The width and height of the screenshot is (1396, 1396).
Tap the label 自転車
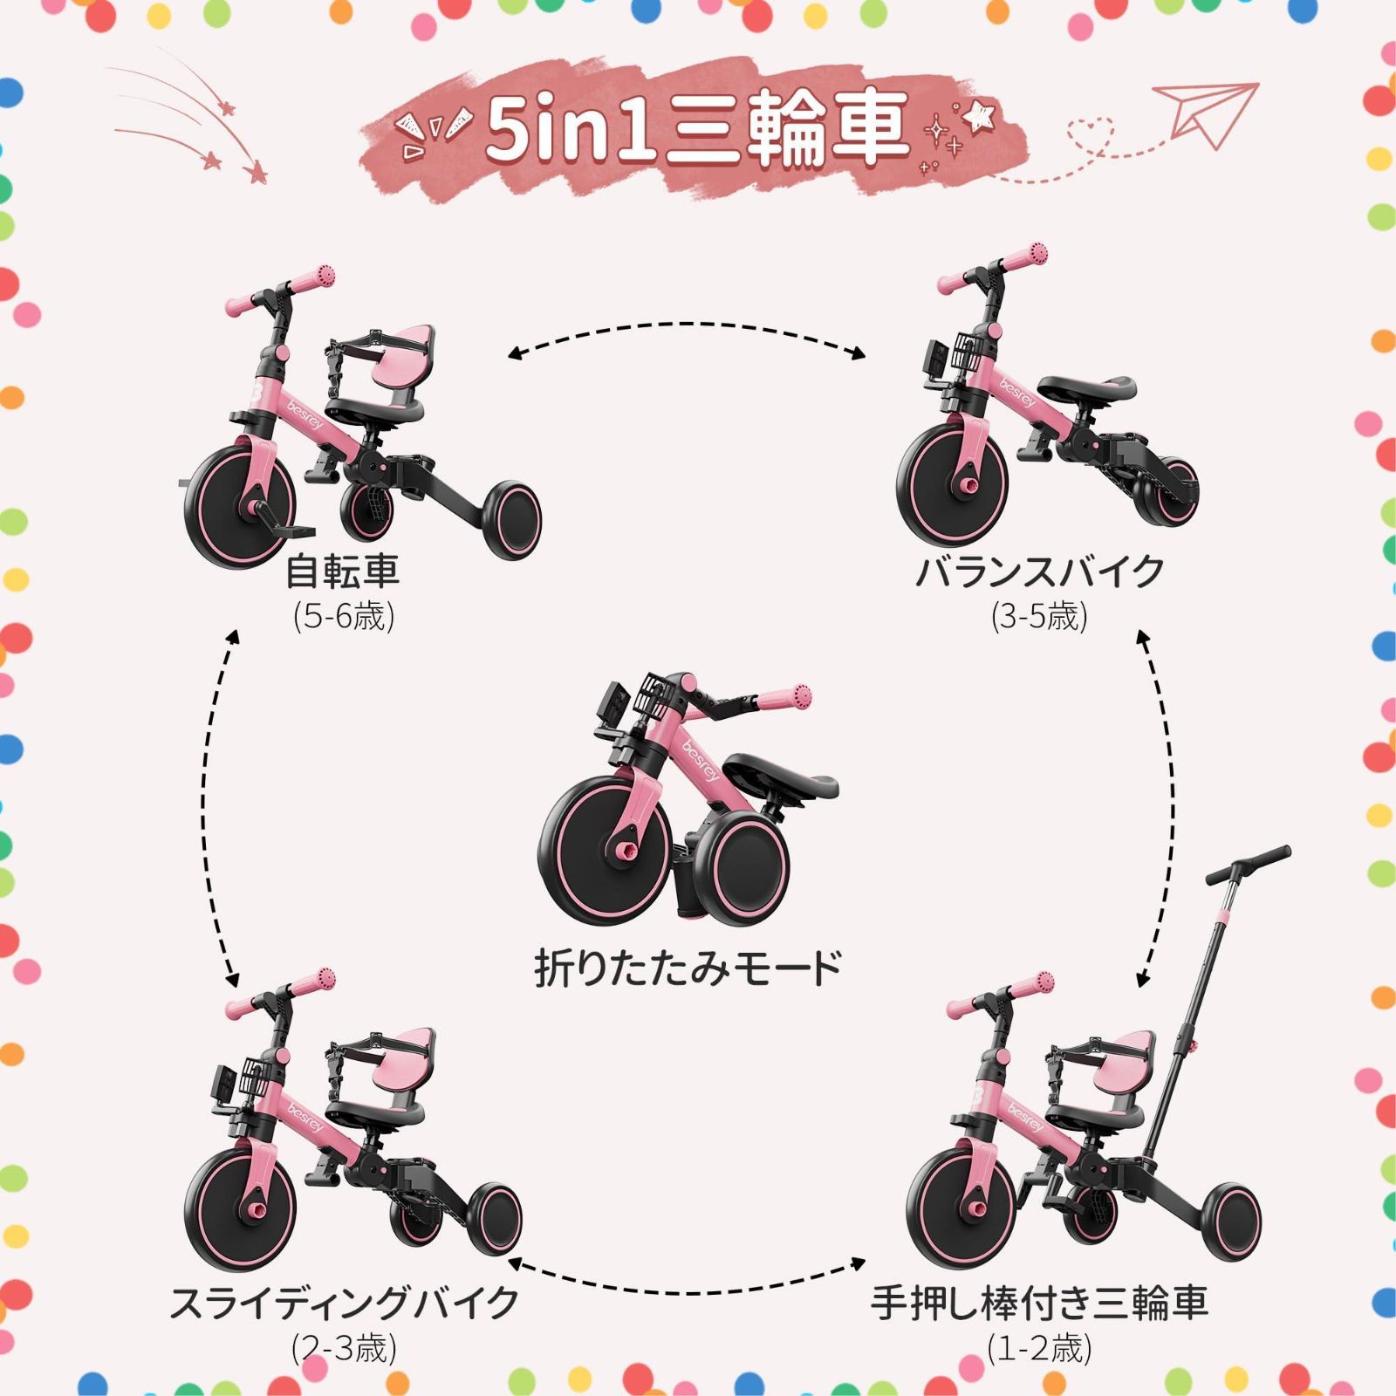tap(343, 571)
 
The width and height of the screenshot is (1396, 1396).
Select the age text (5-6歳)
tap(344, 617)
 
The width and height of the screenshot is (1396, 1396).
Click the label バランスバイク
tap(1039, 571)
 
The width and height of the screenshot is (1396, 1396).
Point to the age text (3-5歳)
tap(1039, 617)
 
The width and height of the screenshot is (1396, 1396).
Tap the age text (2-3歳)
tap(344, 1348)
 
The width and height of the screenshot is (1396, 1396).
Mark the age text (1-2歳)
tap(1039, 1348)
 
